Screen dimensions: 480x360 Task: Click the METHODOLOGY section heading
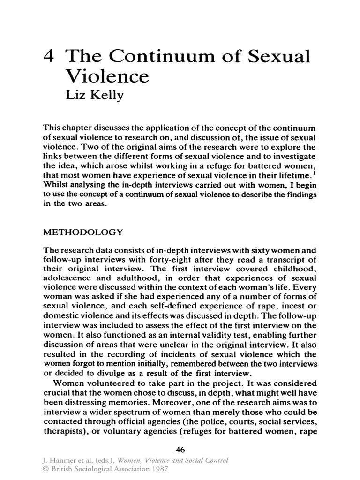coord(83,232)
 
